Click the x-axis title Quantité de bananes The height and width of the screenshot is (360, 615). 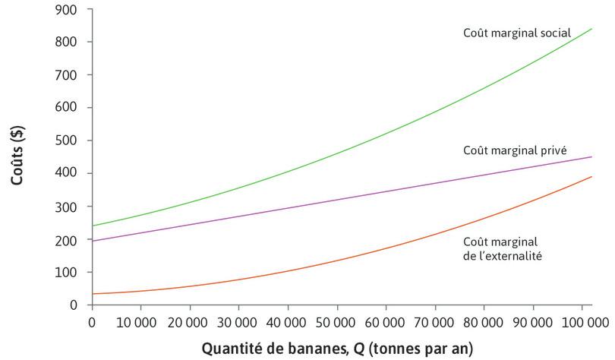pos(336,349)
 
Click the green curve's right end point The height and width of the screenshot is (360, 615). pos(591,29)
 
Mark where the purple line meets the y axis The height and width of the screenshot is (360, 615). pos(92,241)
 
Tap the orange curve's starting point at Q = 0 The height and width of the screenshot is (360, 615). pos(92,293)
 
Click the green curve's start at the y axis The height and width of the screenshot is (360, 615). pos(92,226)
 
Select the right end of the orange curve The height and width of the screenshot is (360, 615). pos(591,177)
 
